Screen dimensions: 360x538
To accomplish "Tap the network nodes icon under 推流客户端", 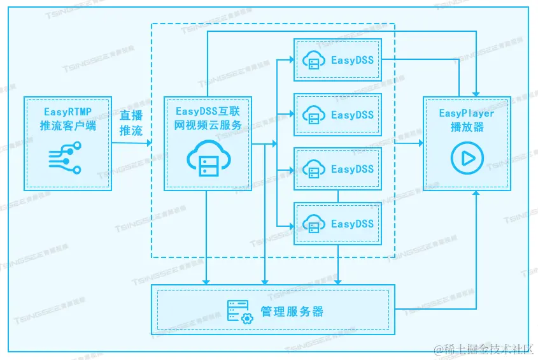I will (x=66, y=157).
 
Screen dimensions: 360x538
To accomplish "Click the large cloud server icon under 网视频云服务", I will (x=207, y=159).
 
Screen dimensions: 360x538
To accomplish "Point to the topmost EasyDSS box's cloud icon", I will (x=313, y=61).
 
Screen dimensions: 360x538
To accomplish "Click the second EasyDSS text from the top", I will (x=352, y=115).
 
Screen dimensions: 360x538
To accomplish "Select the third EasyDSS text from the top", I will (x=352, y=169).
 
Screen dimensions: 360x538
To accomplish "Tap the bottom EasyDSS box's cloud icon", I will (x=313, y=224).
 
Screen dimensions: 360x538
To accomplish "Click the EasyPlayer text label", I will (x=467, y=113).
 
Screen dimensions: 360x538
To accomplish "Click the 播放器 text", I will (x=467, y=127).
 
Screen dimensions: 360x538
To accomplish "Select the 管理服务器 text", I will (x=292, y=312).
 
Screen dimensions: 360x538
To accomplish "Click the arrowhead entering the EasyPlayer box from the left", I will (x=420, y=143).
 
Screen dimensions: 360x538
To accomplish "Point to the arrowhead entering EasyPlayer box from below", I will (x=476, y=194).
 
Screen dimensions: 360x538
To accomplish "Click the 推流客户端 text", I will (x=67, y=126).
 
